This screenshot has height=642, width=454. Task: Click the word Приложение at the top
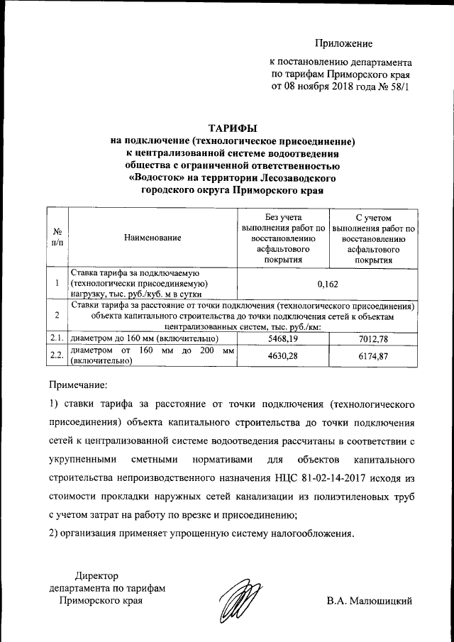point(344,44)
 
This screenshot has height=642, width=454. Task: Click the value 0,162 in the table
point(328,284)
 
